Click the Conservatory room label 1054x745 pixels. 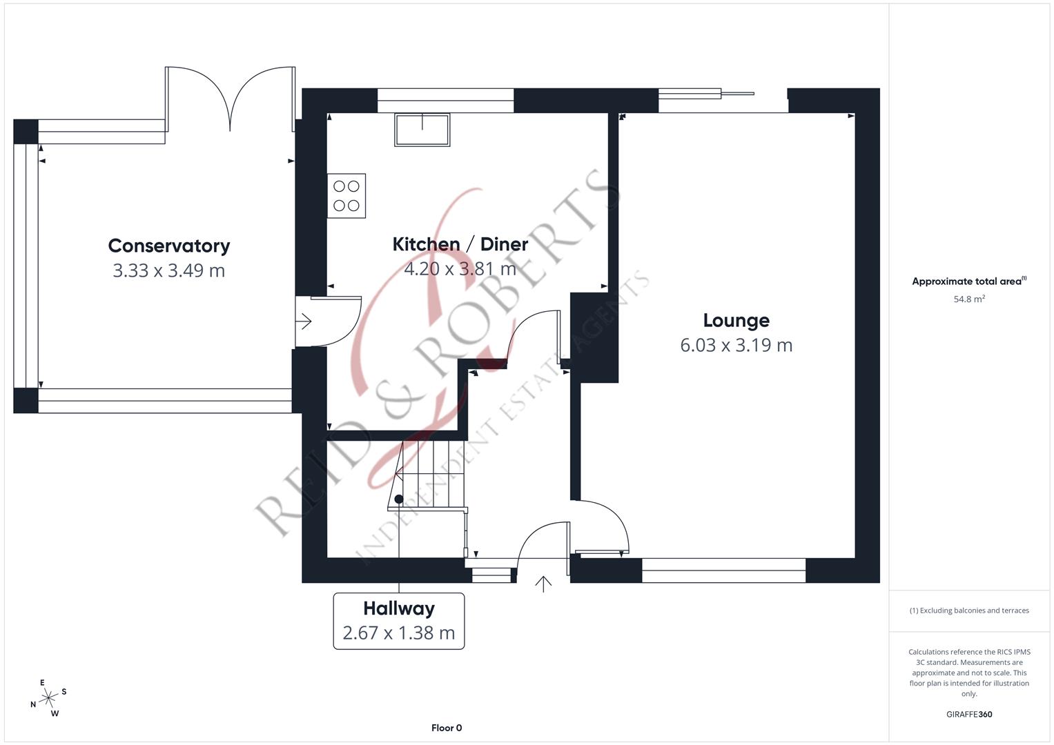[x=169, y=246]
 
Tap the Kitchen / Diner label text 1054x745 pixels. [x=460, y=244]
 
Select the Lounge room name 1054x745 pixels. [x=736, y=320]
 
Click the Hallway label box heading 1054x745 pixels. [x=399, y=608]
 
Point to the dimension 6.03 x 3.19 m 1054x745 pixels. [x=736, y=345]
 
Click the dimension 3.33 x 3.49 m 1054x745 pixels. [x=169, y=270]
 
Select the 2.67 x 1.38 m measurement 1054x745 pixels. [x=399, y=633]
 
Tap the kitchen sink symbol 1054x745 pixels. [x=422, y=130]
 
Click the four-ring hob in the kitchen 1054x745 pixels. [x=347, y=196]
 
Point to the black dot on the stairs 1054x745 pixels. [x=399, y=499]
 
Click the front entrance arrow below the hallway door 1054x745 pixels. [x=544, y=584]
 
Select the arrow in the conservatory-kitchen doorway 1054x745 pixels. [x=305, y=321]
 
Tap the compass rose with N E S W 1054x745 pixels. [x=48, y=699]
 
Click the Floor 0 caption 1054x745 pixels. [x=447, y=728]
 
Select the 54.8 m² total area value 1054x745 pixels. [x=969, y=299]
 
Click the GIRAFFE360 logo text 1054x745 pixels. [x=969, y=714]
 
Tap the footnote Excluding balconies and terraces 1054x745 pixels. [x=969, y=610]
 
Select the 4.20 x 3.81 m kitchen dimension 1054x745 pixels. [x=460, y=269]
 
